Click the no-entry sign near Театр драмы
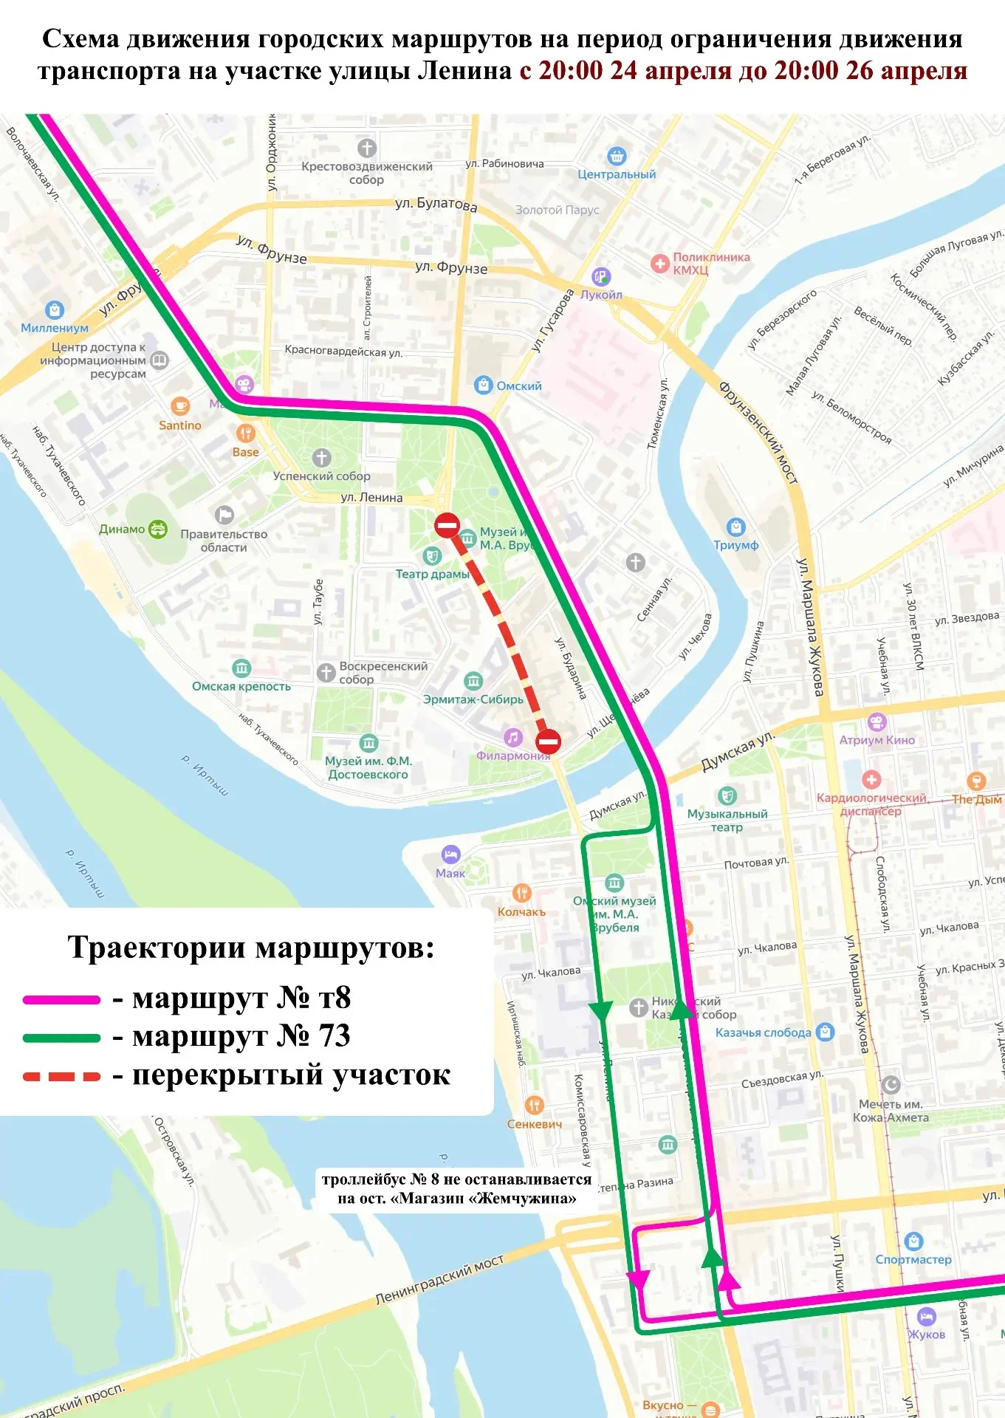[447, 525]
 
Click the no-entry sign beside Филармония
[548, 741]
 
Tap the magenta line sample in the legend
[61, 1000]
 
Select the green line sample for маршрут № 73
[61, 1038]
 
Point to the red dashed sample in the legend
[61, 1076]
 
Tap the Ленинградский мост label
[439, 1279]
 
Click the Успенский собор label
[321, 476]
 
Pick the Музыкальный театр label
[727, 821]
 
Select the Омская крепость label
[241, 686]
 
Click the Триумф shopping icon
[735, 527]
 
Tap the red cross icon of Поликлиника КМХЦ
[659, 263]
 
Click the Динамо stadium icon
[158, 529]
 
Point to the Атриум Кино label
[877, 740]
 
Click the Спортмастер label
[913, 1259]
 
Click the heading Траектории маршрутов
[251, 948]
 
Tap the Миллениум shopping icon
[55, 309]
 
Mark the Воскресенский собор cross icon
[326, 672]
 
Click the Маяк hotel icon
[450, 854]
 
